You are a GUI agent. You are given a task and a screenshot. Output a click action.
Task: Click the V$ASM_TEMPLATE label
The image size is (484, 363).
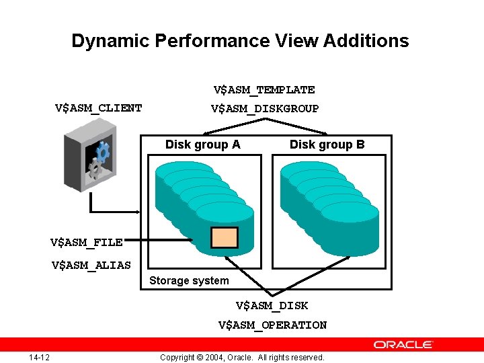pyautogui.click(x=264, y=89)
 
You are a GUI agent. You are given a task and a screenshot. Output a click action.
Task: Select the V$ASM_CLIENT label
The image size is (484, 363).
pyautogui.click(x=98, y=108)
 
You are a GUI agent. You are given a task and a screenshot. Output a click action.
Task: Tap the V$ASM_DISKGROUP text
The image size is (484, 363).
pyautogui.click(x=264, y=108)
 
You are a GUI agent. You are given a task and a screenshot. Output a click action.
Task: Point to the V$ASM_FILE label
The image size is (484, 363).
pyautogui.click(x=86, y=242)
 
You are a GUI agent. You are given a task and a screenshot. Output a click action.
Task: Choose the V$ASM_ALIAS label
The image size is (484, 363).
pyautogui.click(x=91, y=265)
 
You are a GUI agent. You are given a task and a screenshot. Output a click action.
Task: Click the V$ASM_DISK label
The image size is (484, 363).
pyautogui.click(x=272, y=305)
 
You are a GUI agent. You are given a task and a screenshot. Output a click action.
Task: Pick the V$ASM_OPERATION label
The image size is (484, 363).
pyautogui.click(x=272, y=325)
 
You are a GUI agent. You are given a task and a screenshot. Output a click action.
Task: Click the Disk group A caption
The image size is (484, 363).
pyautogui.click(x=202, y=145)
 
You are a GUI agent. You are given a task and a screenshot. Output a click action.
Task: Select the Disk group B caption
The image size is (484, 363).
pyautogui.click(x=327, y=145)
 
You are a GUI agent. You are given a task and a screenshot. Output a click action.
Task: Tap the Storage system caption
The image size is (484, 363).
pyautogui.click(x=189, y=280)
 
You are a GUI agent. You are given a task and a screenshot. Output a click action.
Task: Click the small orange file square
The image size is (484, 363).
pyautogui.click(x=224, y=237)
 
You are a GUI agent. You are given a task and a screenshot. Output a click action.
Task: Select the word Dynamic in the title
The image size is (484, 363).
pyautogui.click(x=110, y=41)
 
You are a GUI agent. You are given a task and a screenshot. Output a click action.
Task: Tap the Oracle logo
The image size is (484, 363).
pyautogui.click(x=403, y=344)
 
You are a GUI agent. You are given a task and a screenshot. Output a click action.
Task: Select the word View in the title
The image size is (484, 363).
pyautogui.click(x=297, y=41)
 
